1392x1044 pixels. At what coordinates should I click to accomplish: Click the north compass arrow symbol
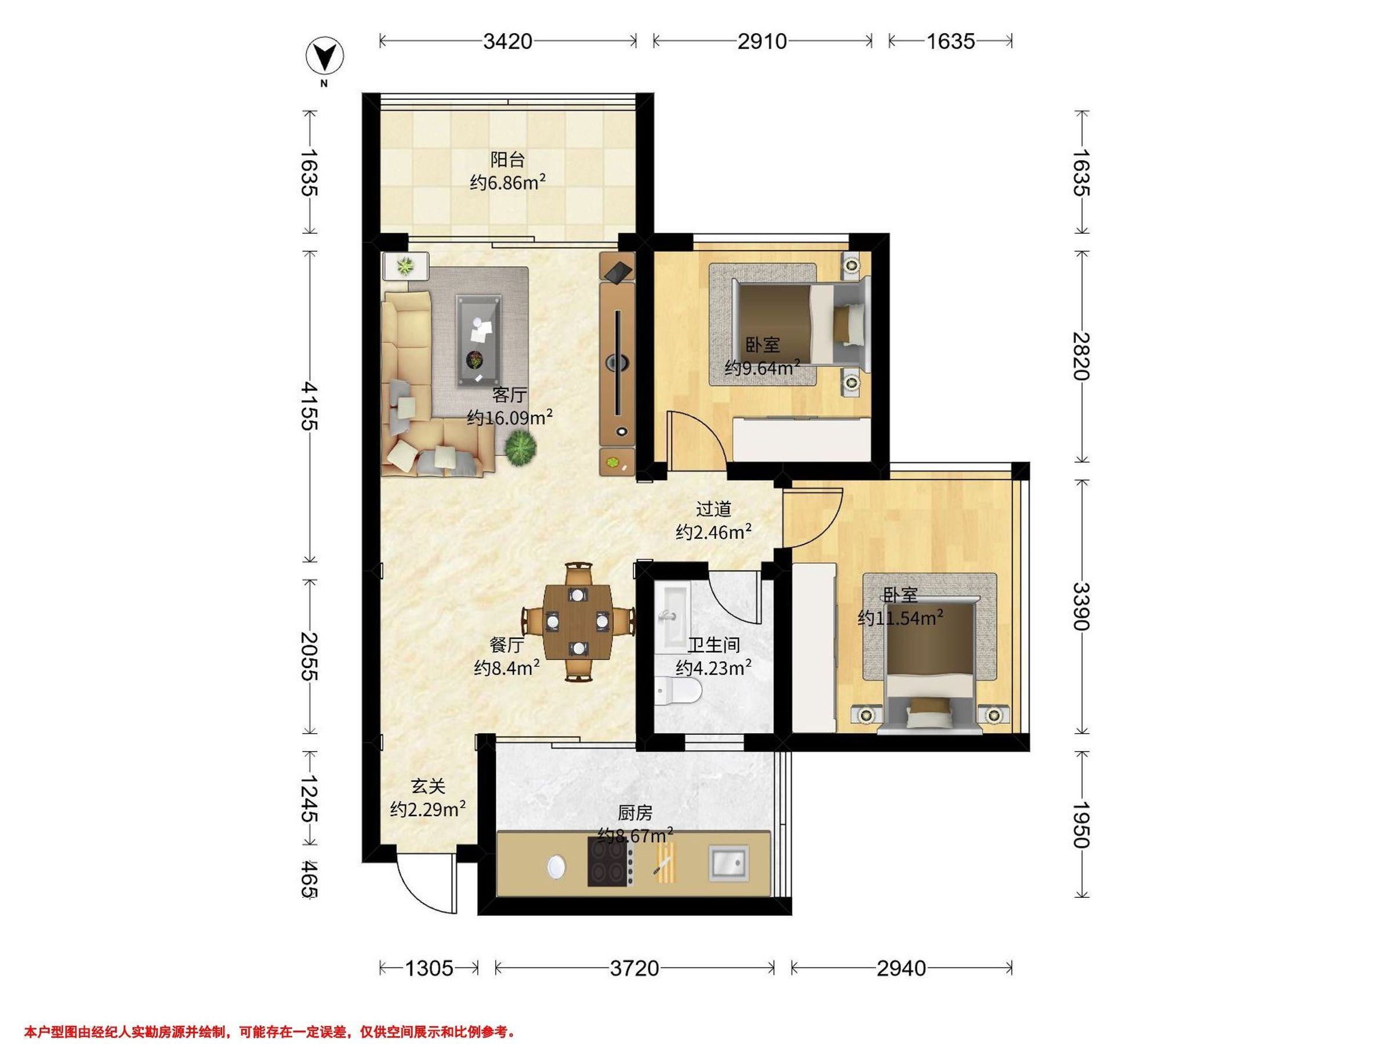click(325, 57)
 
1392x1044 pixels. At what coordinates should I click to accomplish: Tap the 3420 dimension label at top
click(508, 42)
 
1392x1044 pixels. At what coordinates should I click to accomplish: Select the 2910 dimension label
click(762, 42)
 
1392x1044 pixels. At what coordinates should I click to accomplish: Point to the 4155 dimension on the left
click(309, 405)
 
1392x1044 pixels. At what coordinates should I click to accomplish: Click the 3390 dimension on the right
click(1081, 606)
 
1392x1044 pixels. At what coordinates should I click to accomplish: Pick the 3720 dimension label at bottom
click(635, 968)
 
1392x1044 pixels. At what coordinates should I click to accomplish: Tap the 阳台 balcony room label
click(507, 159)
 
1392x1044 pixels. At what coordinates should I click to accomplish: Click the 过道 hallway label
click(713, 509)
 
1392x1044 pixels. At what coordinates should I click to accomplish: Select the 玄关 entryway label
click(428, 786)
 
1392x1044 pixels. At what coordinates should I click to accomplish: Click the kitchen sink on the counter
click(730, 863)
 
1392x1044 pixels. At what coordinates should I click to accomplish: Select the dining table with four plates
click(578, 621)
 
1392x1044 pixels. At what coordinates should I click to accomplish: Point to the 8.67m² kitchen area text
click(635, 835)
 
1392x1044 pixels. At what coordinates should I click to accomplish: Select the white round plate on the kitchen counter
click(556, 867)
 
